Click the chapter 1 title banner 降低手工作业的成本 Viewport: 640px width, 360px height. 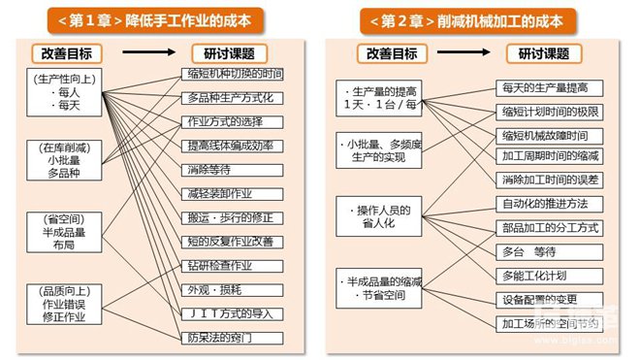(x=159, y=19)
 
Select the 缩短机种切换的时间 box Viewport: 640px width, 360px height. (x=233, y=75)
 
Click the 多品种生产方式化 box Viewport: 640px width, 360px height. (x=233, y=99)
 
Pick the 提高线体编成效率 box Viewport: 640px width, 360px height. (x=233, y=146)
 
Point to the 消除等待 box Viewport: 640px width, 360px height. (x=233, y=170)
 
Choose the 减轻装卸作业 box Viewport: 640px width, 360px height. (x=233, y=194)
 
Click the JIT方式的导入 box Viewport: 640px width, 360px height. (x=233, y=313)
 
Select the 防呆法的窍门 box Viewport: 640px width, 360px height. (x=233, y=338)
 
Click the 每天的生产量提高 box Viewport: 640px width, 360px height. (x=549, y=87)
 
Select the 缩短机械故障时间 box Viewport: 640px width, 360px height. (x=549, y=135)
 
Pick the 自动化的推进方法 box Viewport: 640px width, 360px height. (x=549, y=205)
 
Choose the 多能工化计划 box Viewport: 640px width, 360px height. (x=549, y=276)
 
